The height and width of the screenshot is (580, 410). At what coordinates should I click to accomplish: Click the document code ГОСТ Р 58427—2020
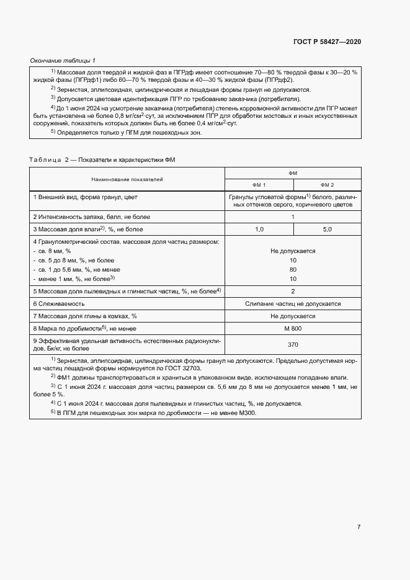coord(326,42)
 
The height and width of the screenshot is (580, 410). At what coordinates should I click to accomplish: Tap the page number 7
coord(359,527)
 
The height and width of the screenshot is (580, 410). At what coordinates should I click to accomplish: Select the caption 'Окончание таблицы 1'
coord(63,60)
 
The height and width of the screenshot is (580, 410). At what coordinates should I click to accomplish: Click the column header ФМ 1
coord(259,185)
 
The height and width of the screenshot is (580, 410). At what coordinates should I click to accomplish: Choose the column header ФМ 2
coord(327,185)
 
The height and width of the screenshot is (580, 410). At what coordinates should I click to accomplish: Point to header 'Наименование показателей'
coord(127,179)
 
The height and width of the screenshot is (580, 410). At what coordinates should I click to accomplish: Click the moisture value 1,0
coord(259,230)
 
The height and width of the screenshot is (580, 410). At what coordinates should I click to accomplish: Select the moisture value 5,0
coord(327,230)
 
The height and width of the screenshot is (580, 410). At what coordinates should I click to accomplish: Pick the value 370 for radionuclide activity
coord(293,345)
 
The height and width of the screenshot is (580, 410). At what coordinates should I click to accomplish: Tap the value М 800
coord(293,328)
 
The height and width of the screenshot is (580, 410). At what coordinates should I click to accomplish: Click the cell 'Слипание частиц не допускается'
coord(293,304)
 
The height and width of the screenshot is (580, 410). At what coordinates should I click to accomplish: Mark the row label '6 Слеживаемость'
coord(58,304)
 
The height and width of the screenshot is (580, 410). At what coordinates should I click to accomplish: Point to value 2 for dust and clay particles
coord(293,291)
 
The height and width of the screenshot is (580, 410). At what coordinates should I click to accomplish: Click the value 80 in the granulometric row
coord(293,270)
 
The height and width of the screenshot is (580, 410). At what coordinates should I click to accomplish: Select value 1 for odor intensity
coord(293,217)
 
